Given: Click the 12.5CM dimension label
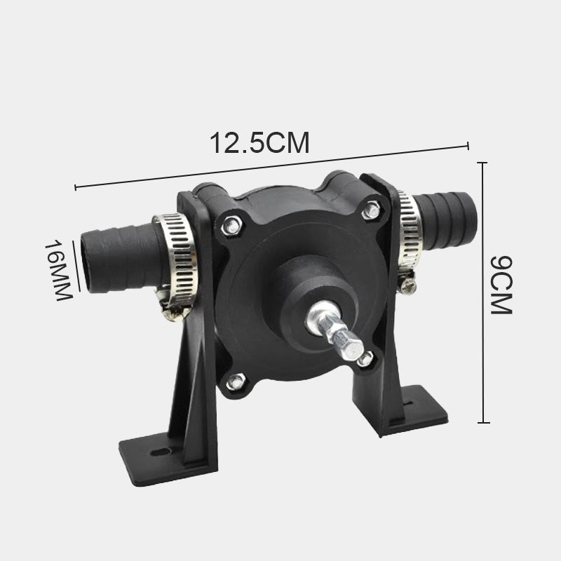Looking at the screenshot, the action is [x=259, y=143].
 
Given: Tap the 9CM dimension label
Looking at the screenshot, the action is [x=501, y=285].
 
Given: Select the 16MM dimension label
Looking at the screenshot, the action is [x=58, y=271].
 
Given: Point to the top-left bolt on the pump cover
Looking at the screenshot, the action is [x=231, y=226].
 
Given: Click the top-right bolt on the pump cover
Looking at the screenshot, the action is [x=372, y=210].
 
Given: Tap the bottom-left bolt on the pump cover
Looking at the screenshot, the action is [x=236, y=381].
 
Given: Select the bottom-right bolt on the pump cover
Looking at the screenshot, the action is [x=365, y=359].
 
